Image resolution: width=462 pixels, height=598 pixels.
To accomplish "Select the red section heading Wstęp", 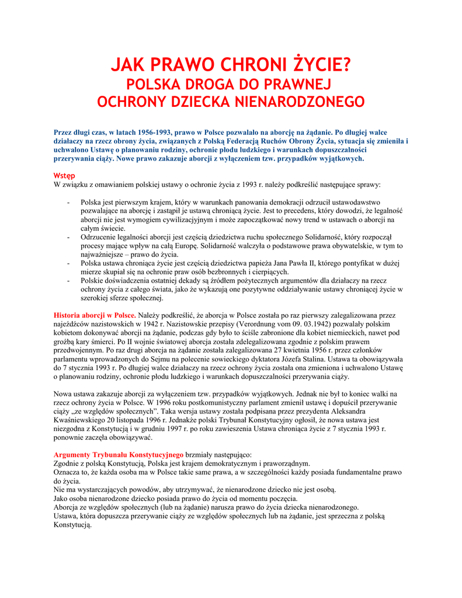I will coord(64,175).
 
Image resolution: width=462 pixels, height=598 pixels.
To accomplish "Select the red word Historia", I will coord(70,315).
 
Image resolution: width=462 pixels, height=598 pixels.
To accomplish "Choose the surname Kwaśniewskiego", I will coord(81,420).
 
